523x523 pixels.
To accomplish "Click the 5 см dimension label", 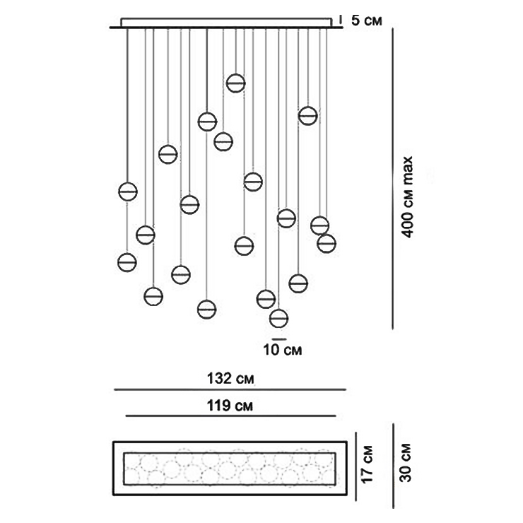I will tap(366, 20).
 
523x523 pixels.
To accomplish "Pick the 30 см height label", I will tap(406, 464).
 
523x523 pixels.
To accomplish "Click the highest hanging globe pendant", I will tap(235, 83).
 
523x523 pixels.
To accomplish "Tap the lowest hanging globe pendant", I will tap(279, 318).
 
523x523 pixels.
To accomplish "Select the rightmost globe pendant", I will tap(327, 243).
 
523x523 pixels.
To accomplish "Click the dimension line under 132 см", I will tap(230, 389).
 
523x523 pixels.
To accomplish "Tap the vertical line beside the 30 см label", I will tap(393, 465).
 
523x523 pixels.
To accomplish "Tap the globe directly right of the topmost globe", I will tap(307, 115).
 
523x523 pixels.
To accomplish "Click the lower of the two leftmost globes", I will tap(127, 261).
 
